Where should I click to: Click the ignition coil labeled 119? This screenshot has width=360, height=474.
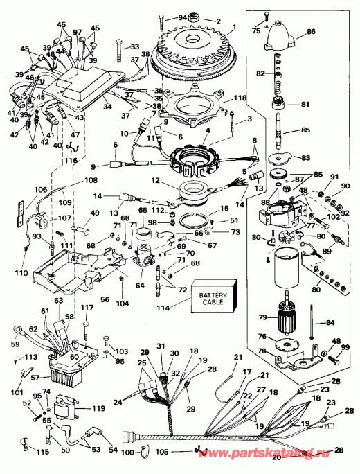(x=69, y=407)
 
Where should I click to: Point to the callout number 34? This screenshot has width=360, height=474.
(x=107, y=108)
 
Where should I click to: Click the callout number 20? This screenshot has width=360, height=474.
(x=278, y=458)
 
